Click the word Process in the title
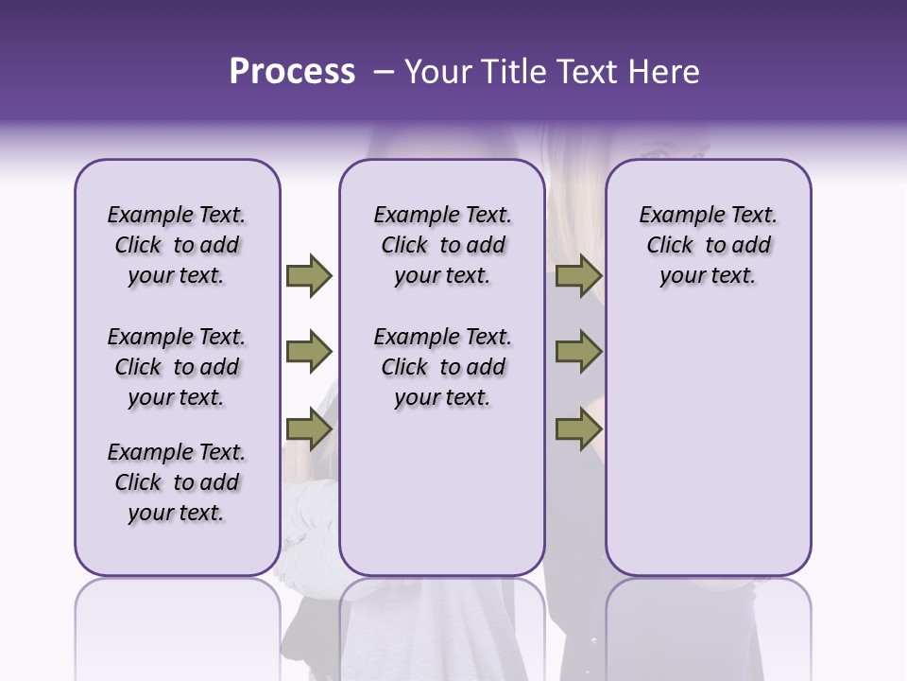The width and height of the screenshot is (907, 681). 292,72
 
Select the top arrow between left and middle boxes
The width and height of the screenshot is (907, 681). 308,275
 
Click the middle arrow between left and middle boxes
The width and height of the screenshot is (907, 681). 308,352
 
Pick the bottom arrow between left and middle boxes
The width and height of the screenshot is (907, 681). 308,429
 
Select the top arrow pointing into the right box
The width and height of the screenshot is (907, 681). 578,275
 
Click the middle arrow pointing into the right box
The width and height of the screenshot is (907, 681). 578,352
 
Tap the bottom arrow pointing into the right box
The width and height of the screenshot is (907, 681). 578,429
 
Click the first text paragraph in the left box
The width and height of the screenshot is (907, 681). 177,245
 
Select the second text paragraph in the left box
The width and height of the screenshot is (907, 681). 177,367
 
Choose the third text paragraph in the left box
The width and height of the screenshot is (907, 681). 177,482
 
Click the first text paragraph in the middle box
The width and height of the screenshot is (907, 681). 442,245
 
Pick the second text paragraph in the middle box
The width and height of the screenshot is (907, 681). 442,367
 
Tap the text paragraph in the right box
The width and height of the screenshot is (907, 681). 708,245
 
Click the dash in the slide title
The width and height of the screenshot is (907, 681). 384,72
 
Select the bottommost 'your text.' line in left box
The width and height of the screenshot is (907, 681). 177,513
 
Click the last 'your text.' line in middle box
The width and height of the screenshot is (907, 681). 442,397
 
